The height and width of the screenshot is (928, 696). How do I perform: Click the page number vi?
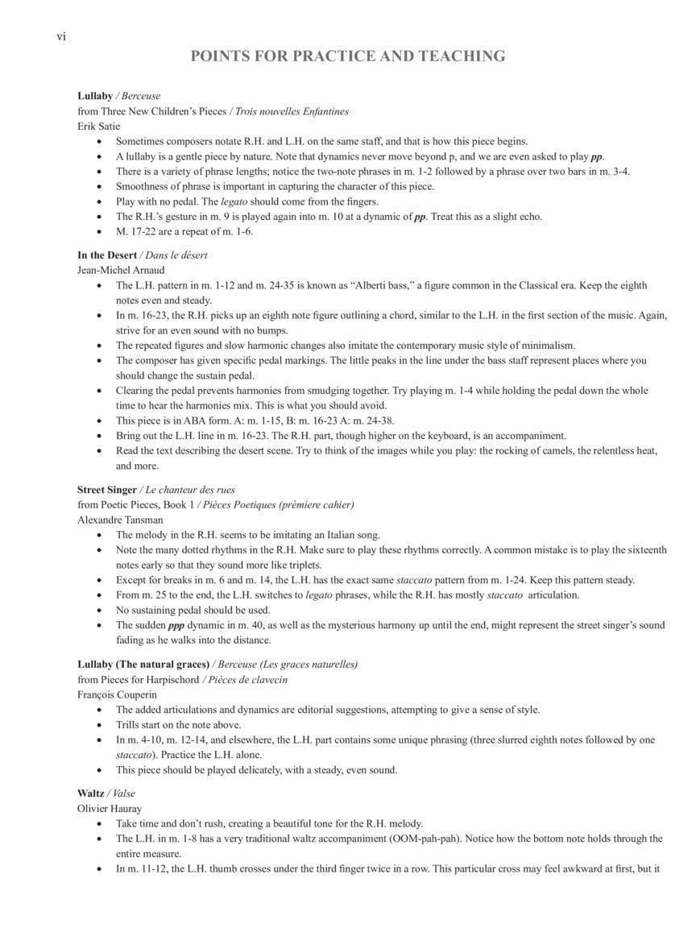click(60, 36)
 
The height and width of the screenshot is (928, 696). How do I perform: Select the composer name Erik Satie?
click(97, 126)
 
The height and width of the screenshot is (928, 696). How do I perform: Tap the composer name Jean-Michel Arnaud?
click(121, 271)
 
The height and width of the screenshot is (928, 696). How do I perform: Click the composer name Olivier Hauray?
click(110, 809)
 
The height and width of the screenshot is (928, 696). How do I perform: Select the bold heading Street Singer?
click(107, 490)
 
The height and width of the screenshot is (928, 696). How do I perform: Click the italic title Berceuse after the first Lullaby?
click(141, 97)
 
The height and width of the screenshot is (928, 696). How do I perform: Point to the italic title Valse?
click(124, 793)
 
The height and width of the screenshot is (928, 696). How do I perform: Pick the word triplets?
click(303, 565)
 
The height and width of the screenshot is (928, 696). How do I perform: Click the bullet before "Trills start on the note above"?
click(99, 725)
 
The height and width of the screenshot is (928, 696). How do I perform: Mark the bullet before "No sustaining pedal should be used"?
click(99, 611)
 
